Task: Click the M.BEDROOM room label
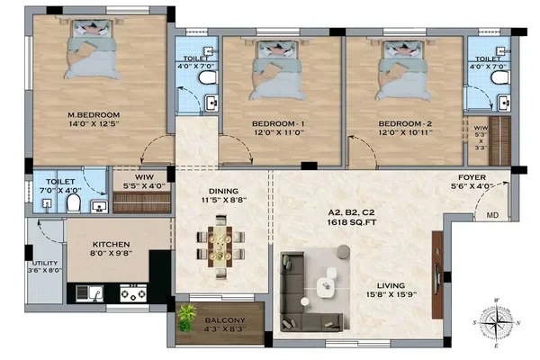click(94, 114)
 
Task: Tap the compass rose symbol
click(496, 323)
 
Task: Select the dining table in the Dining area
click(220, 246)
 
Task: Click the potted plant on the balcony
click(186, 318)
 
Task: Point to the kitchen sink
click(89, 293)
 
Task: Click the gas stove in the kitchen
click(133, 293)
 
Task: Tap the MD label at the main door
click(492, 215)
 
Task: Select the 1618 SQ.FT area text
click(351, 222)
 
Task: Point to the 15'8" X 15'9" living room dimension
click(391, 294)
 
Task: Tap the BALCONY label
click(225, 320)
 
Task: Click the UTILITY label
click(45, 263)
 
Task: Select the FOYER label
click(472, 177)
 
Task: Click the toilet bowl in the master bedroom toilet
click(74, 202)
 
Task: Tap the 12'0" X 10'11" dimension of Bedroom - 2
click(405, 132)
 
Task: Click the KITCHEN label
click(112, 244)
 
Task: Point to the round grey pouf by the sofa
click(344, 252)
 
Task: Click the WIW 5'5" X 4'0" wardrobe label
click(144, 182)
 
